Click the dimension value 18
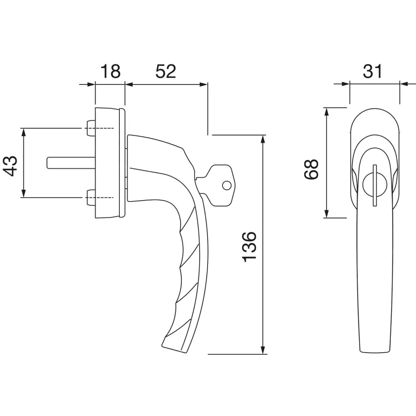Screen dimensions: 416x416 pyautogui.click(x=110, y=71)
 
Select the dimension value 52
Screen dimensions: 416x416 pyautogui.click(x=166, y=71)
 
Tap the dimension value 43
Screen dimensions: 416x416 pyautogui.click(x=10, y=166)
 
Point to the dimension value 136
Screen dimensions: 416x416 pyautogui.click(x=250, y=247)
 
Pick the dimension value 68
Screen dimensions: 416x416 pyautogui.click(x=311, y=169)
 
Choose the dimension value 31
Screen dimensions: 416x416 pyautogui.click(x=373, y=71)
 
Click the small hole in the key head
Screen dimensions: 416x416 pyautogui.click(x=227, y=185)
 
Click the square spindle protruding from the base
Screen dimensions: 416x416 pyautogui.click(x=71, y=163)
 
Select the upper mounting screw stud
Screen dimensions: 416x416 pyautogui.click(x=91, y=128)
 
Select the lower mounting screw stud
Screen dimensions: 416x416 pyautogui.click(x=91, y=198)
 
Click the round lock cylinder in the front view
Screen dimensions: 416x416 pyautogui.click(x=374, y=185)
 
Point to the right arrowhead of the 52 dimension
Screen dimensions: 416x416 pyautogui.click(x=204, y=84)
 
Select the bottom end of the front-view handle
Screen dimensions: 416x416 pyautogui.click(x=374, y=353)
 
